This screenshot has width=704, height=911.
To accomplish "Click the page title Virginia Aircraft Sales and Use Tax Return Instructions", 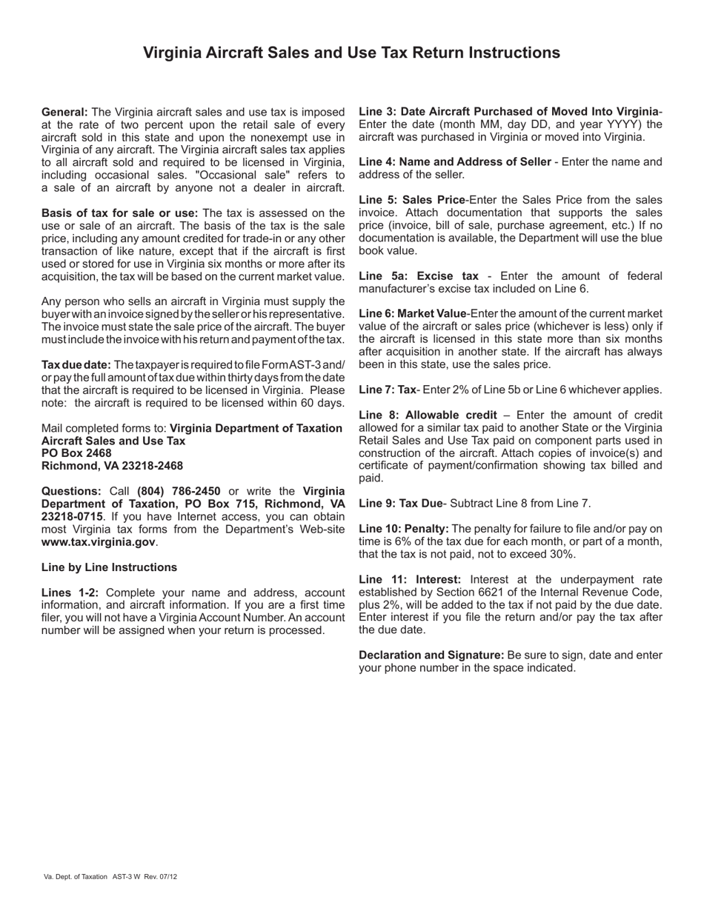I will coord(351,53).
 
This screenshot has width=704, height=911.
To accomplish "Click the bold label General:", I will coord(64,111).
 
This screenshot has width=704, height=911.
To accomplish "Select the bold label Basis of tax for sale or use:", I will coord(119,213).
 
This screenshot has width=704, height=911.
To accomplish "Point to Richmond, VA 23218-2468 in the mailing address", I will coord(112,466).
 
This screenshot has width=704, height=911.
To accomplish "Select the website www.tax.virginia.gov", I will coord(98,542).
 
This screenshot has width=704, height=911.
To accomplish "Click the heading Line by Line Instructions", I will coord(109,567).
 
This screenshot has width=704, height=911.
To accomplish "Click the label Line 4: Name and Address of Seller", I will coord(454,162).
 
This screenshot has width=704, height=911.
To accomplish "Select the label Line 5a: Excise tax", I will coord(419,276).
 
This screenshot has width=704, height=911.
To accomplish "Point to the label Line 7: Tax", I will coord(387,390).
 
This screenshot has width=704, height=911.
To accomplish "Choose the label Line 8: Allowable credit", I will coord(428,416).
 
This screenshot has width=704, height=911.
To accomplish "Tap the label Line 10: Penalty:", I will coord(403,529).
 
